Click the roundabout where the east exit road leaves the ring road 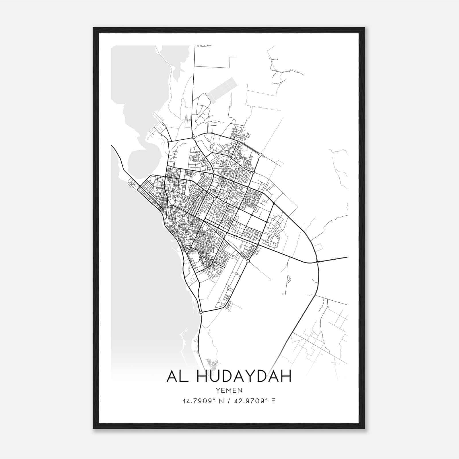point(317,262)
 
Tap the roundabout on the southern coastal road point(201,312)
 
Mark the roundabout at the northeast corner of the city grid point(260,155)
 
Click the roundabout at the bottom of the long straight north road point(194,138)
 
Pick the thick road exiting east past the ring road point(333,259)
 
